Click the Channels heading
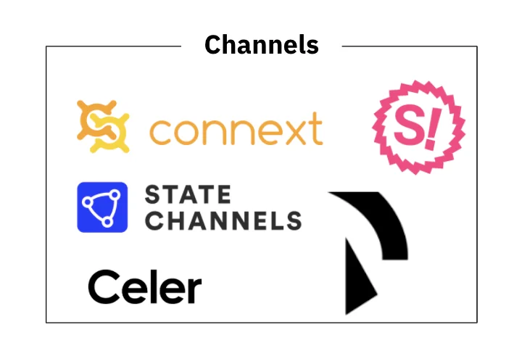(x=262, y=45)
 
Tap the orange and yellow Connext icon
(x=103, y=127)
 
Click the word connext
(x=236, y=129)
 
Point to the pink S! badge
(x=418, y=127)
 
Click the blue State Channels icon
(x=102, y=207)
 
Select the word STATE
(x=188, y=194)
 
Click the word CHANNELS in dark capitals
(x=223, y=220)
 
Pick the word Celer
(x=145, y=286)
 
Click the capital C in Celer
(x=104, y=286)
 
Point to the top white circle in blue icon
(x=115, y=194)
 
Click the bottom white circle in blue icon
(x=107, y=222)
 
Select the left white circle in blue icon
(x=87, y=202)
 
